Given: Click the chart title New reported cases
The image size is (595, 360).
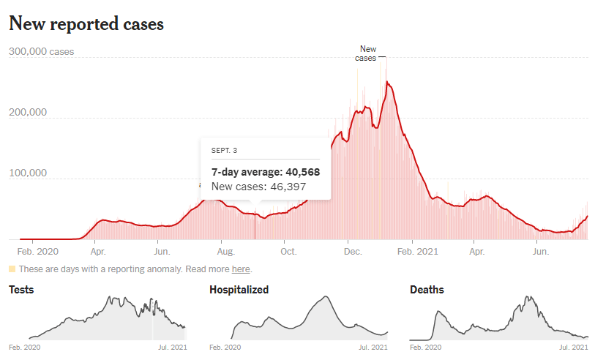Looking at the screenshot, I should click(x=86, y=23).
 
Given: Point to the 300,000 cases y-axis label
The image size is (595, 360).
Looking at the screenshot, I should click(x=41, y=52).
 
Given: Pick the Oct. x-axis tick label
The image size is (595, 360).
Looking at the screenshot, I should click(x=288, y=252).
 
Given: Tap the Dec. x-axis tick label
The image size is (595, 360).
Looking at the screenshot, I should click(x=353, y=252).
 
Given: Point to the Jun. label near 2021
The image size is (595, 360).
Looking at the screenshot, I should click(x=540, y=252).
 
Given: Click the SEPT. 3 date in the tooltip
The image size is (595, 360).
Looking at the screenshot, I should click(x=225, y=151).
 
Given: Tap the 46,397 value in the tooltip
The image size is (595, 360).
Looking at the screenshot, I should click(x=285, y=187).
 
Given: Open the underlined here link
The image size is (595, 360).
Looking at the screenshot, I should click(x=241, y=269).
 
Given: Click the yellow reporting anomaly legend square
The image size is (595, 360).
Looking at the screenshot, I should click(x=12, y=269).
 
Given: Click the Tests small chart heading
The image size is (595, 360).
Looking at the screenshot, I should click(x=21, y=290).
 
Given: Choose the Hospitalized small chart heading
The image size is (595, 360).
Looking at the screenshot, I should click(x=239, y=290).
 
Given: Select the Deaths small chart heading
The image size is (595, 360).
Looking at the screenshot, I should click(x=427, y=290).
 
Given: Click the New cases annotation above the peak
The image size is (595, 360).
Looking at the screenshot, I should click(x=367, y=53).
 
